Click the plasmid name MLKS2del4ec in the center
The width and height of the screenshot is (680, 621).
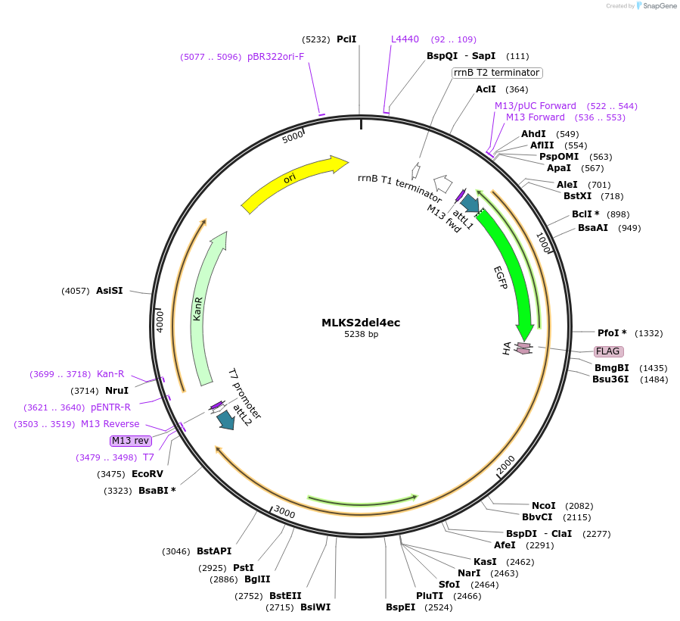point(361,323)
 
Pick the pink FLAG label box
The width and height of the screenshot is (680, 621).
point(607,351)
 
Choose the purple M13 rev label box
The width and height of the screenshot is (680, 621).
point(130,441)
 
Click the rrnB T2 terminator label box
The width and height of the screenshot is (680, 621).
point(496,73)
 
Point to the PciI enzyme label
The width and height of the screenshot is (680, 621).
point(346,39)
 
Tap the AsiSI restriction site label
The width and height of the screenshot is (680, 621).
point(110,291)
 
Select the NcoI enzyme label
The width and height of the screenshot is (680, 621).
point(543,506)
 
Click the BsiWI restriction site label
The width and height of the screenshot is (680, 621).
point(315,607)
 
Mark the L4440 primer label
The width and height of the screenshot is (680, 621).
point(405,39)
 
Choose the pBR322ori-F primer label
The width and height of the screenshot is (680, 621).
point(275,56)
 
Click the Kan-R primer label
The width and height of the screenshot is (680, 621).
point(110,374)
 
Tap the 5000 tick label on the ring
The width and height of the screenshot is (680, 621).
point(293,137)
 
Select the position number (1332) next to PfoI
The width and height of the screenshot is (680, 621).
point(649,333)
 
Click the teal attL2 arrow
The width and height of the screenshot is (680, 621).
point(225,420)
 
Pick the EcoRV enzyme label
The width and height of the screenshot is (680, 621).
point(147,474)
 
